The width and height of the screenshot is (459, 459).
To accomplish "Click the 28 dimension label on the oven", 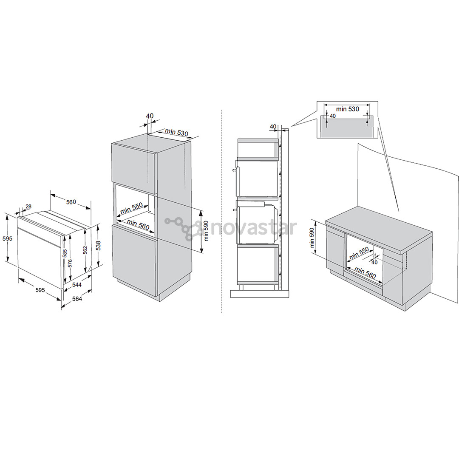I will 28,207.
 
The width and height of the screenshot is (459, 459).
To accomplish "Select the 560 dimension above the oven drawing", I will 71,202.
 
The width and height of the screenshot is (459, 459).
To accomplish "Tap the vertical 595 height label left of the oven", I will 7,238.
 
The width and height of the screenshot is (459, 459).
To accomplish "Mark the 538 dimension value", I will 98,245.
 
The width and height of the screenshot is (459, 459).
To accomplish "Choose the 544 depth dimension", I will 77,285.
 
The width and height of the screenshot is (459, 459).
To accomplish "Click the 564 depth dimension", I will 77,299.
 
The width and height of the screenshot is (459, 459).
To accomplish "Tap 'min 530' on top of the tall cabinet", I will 176,132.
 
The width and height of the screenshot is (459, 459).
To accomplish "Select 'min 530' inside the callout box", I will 347,109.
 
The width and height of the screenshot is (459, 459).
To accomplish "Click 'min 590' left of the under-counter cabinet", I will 312,238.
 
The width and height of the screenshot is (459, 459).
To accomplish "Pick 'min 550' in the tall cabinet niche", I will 131,208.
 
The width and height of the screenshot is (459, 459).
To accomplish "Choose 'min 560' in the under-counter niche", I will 365,272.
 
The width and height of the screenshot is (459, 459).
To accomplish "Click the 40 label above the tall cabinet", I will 150,116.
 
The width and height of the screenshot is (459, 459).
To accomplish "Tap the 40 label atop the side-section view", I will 273,126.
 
